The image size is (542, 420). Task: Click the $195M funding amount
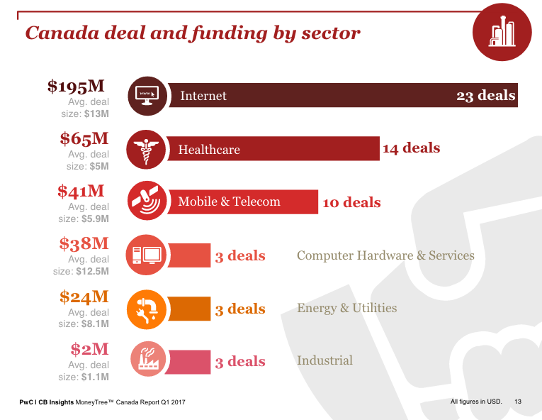(76, 87)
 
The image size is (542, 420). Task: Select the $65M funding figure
(84, 139)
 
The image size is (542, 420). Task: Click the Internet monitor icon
(147, 95)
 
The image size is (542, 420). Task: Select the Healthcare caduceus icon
(147, 149)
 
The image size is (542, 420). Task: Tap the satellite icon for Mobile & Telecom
(147, 201)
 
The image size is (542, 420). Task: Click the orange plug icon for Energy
(147, 308)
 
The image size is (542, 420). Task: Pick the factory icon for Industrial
(147, 360)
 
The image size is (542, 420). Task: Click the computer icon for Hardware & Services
(147, 255)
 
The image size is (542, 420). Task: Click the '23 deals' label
(485, 96)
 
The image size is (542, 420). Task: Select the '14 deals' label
(411, 148)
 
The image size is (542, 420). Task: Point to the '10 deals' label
(351, 203)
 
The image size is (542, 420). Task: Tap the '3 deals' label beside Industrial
(240, 362)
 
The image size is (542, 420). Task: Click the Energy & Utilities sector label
(346, 308)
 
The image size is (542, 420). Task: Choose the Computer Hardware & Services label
(385, 255)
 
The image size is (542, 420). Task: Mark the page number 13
(518, 402)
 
